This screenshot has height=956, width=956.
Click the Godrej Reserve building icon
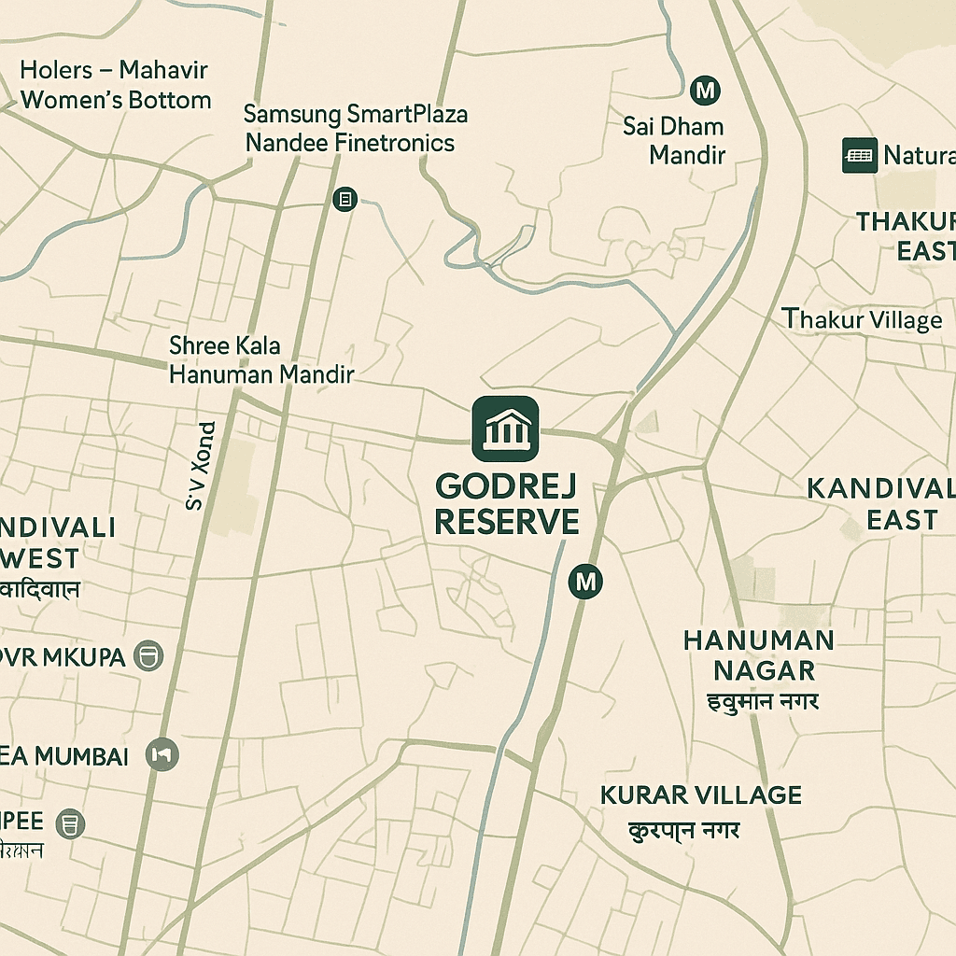pyautogui.click(x=505, y=429)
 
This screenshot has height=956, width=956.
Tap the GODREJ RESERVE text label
pyautogui.click(x=506, y=504)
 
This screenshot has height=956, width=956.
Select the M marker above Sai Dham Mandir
pyautogui.click(x=705, y=91)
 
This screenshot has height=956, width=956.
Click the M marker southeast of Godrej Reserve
pyautogui.click(x=585, y=582)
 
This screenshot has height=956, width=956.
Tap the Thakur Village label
pyautogui.click(x=863, y=320)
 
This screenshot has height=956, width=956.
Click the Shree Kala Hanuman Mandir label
pyautogui.click(x=261, y=360)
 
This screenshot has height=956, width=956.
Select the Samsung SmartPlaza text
pyautogui.click(x=356, y=115)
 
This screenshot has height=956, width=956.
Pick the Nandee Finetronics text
pyautogui.click(x=350, y=143)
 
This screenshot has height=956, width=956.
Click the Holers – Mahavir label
pyautogui.click(x=114, y=70)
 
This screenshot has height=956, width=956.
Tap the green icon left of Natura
pyautogui.click(x=859, y=155)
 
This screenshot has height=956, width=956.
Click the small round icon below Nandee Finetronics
pyautogui.click(x=344, y=199)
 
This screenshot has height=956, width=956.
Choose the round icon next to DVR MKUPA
pyautogui.click(x=148, y=655)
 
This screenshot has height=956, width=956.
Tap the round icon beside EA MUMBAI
pyautogui.click(x=162, y=754)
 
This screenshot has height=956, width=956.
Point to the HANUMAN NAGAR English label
pyautogui.click(x=758, y=654)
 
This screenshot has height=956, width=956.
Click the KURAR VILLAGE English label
pyautogui.click(x=700, y=795)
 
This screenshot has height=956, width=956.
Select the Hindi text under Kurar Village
pyautogui.click(x=684, y=829)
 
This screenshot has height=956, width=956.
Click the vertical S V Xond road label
pyautogui.click(x=201, y=466)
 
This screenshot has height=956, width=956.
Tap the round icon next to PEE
pyautogui.click(x=70, y=823)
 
